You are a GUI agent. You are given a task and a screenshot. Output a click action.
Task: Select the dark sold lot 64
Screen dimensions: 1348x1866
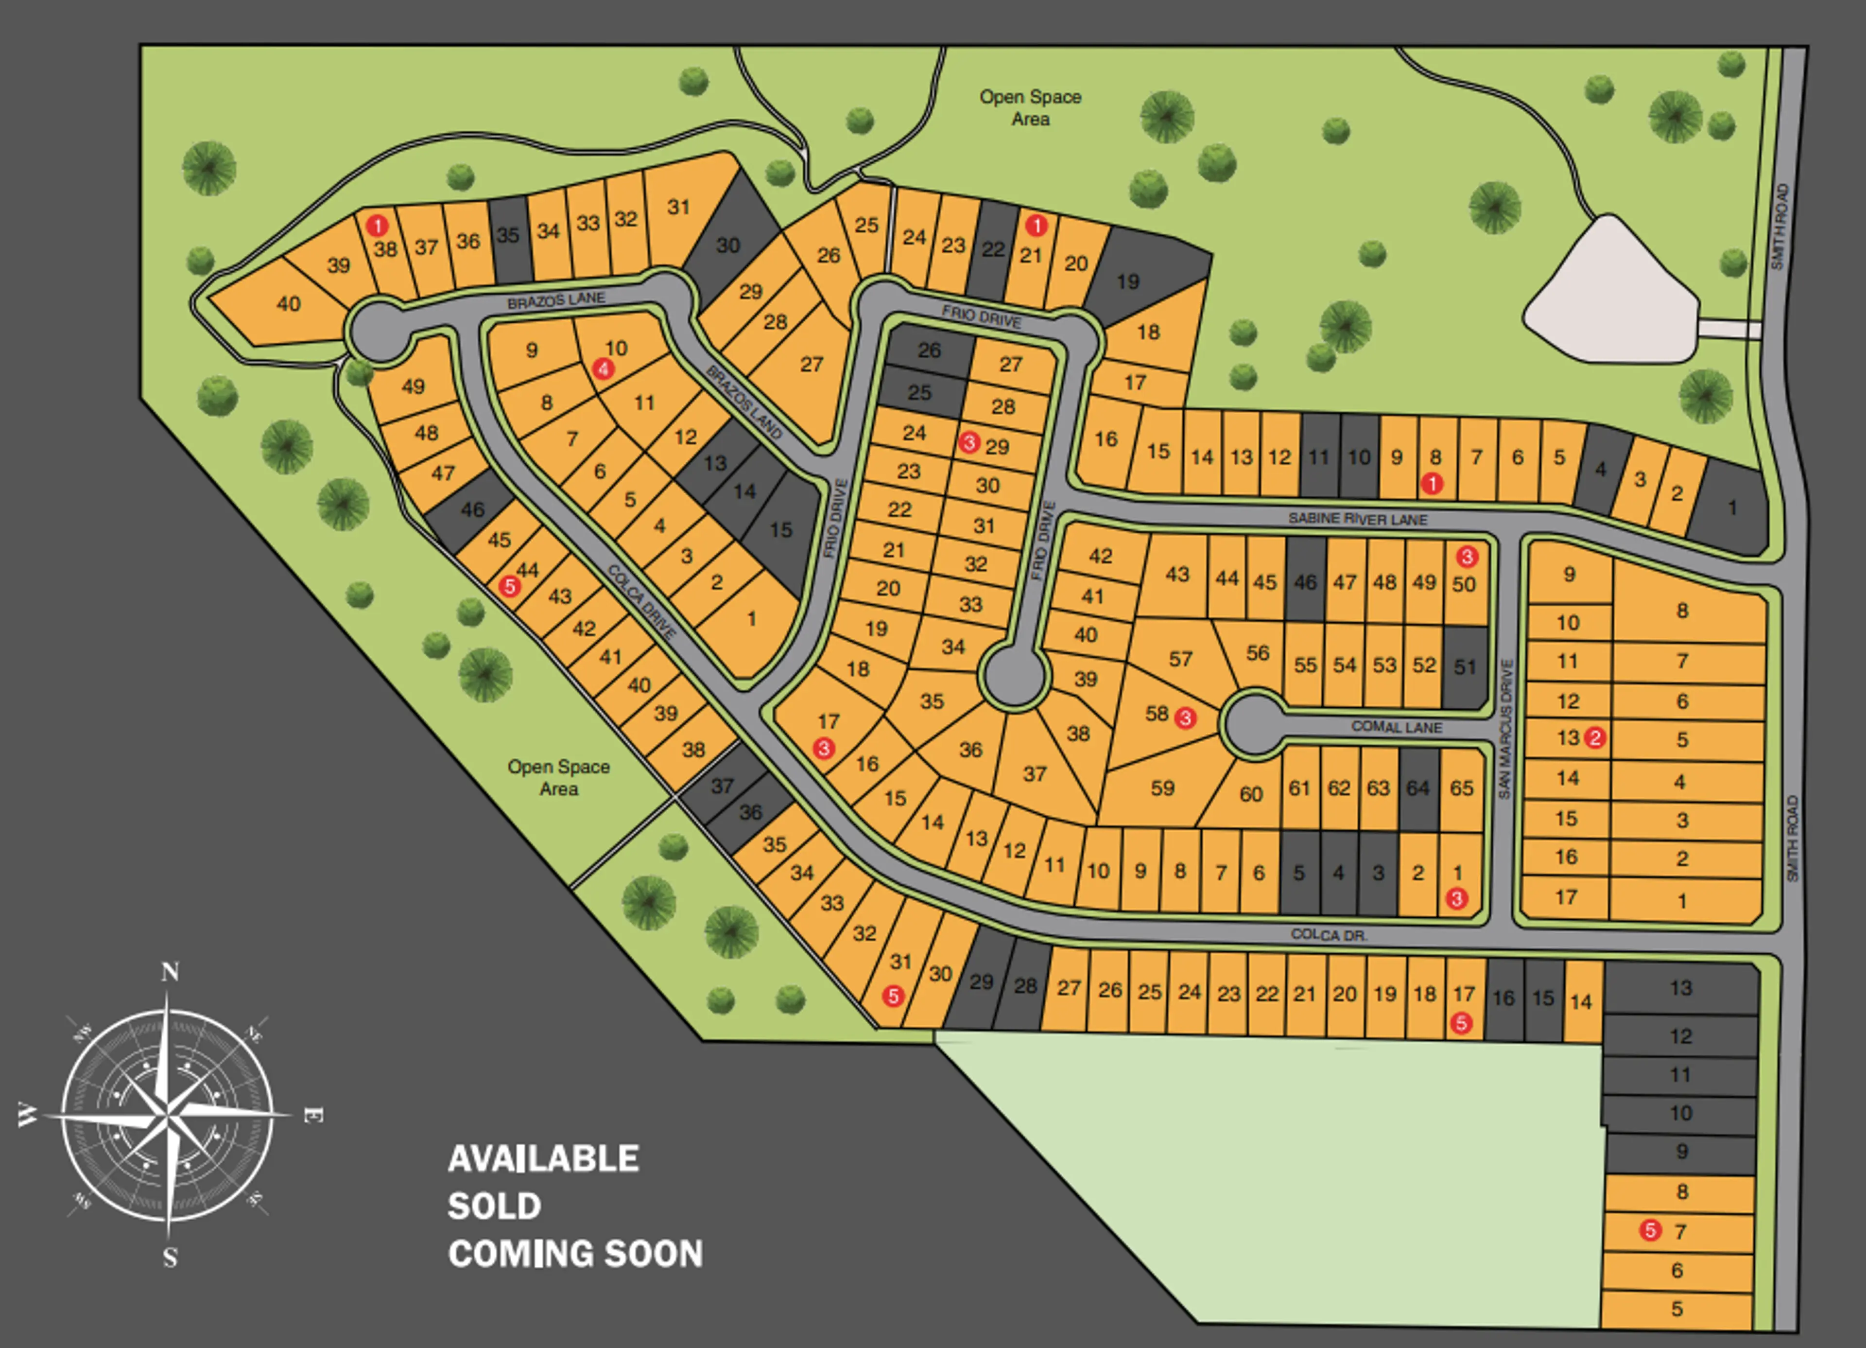coord(1417,788)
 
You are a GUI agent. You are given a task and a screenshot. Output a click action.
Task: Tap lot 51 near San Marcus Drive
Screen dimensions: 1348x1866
coord(1465,666)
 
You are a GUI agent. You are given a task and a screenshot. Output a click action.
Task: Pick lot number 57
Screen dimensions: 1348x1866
coord(1181,658)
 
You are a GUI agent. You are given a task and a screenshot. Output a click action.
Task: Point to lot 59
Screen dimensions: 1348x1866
coord(1162,788)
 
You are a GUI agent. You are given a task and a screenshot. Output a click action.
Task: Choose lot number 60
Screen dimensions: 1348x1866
coord(1251,793)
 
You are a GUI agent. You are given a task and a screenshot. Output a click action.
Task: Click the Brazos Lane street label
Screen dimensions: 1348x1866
coord(556,300)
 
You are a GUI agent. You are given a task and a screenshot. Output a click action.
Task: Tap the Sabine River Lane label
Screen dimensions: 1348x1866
coord(1358,519)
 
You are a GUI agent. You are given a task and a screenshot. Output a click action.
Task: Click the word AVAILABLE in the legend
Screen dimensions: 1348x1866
coord(543,1159)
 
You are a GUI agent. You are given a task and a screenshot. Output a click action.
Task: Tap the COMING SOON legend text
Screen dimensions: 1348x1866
coord(575,1253)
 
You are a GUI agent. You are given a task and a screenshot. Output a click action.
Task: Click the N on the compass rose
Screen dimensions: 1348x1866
coord(170,972)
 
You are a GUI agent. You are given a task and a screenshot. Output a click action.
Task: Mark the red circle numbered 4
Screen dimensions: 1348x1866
coord(603,368)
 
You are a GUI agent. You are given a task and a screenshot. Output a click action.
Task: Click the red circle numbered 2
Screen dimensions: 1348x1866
coord(1594,737)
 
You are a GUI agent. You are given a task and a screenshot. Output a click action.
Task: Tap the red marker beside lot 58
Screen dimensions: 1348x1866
coord(1185,718)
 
